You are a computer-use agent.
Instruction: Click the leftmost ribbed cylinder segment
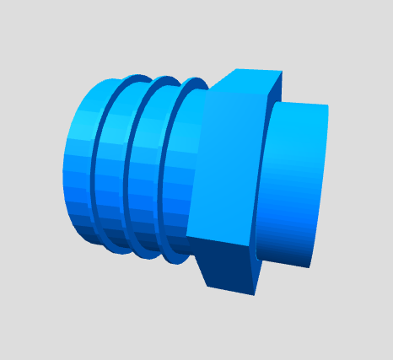pos(81,160)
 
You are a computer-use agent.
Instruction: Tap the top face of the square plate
pos(245,80)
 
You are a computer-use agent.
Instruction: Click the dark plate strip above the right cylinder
pos(275,89)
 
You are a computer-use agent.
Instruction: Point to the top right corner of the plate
pos(282,73)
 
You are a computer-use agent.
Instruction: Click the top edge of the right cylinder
pos(299,104)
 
